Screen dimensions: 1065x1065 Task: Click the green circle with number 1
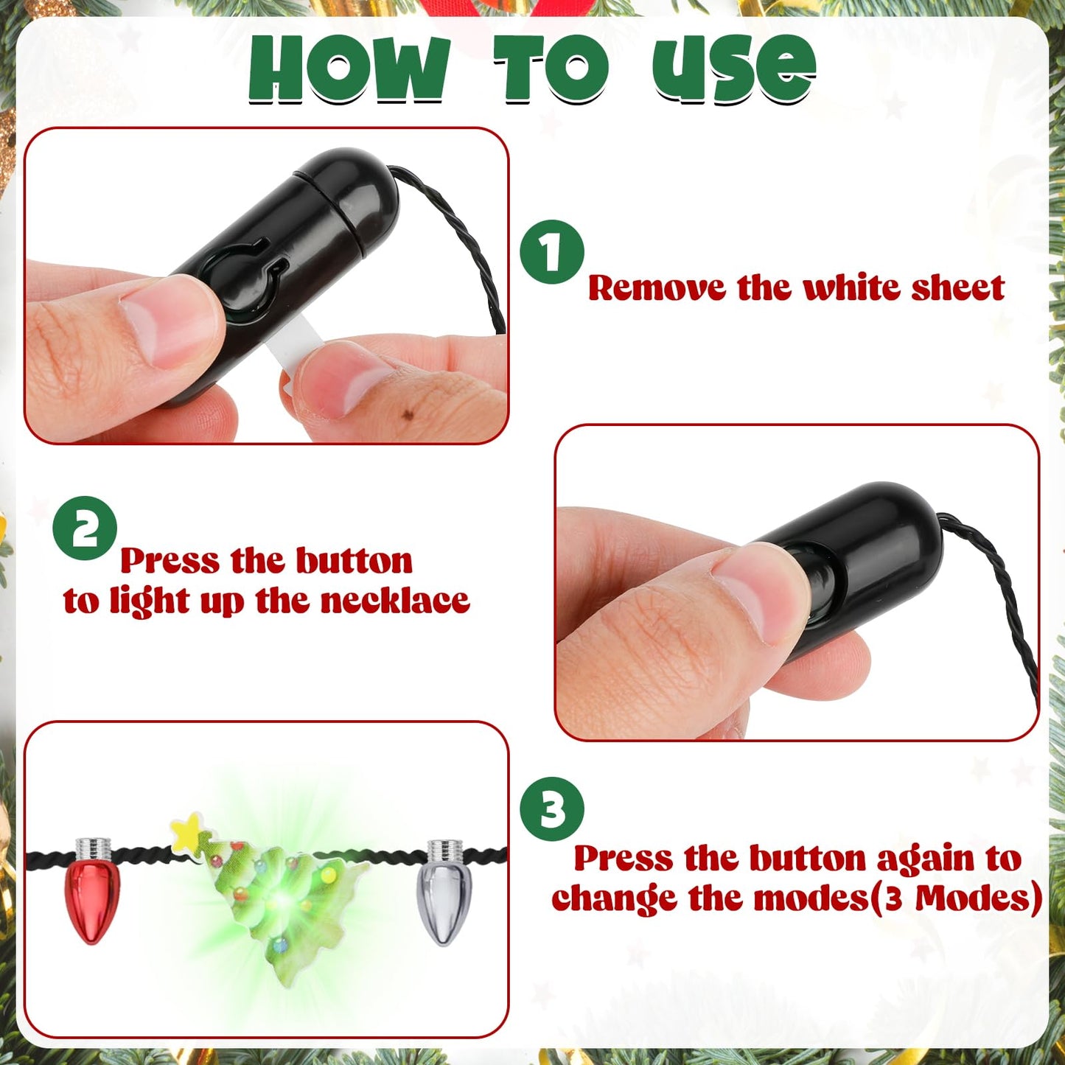click(x=552, y=252)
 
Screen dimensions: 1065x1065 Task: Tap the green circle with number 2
click(x=85, y=528)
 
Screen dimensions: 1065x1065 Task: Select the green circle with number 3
click(x=552, y=809)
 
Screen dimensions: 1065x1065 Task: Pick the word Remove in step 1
click(x=656, y=287)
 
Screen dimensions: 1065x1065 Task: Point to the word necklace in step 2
click(x=395, y=601)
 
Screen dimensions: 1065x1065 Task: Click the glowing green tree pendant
click(x=284, y=895)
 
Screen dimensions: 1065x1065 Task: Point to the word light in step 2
click(x=151, y=602)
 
